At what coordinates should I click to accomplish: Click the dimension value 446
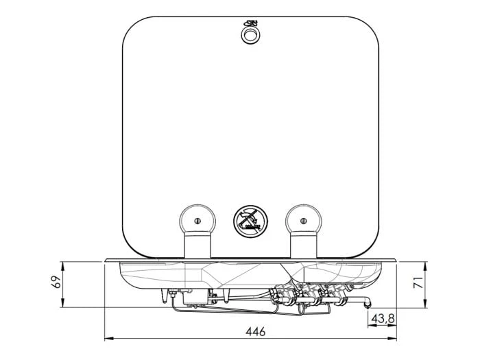pyautogui.click(x=254, y=331)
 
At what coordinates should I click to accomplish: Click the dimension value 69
pyautogui.click(x=57, y=281)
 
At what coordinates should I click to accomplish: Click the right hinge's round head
pyautogui.click(x=304, y=220)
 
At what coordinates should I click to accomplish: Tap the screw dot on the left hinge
pyautogui.click(x=196, y=220)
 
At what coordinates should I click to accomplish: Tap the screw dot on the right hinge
pyautogui.click(x=304, y=220)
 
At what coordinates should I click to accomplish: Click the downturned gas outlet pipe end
pyautogui.click(x=368, y=304)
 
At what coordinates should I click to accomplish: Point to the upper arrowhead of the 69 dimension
pyautogui.click(x=63, y=263)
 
